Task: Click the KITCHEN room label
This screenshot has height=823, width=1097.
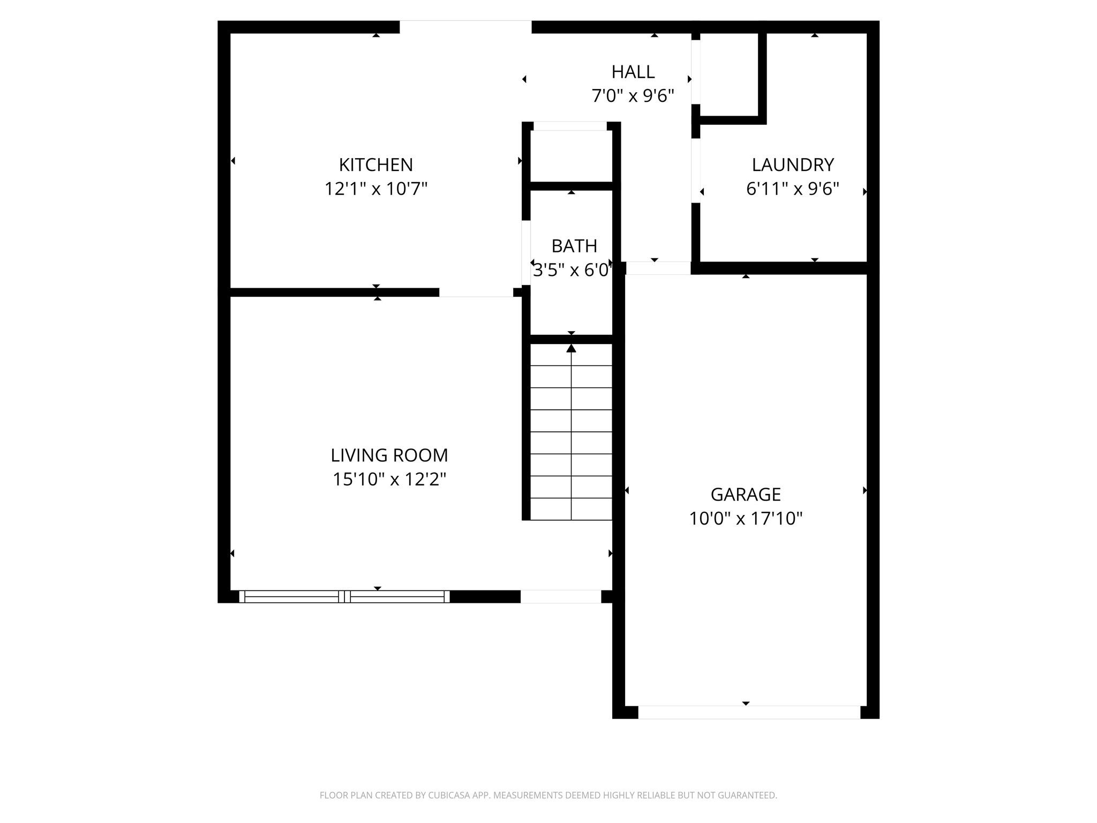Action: [x=376, y=164]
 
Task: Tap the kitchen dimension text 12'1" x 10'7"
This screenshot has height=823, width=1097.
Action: [x=376, y=189]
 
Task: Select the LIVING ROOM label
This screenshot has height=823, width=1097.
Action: [x=389, y=455]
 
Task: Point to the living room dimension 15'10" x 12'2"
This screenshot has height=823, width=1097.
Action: [x=389, y=479]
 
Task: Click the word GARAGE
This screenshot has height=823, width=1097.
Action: [x=746, y=494]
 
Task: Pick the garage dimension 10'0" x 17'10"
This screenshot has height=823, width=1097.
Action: [x=746, y=518]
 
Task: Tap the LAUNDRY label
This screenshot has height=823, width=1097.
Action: [x=793, y=164]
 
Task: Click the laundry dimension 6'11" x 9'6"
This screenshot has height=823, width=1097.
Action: [x=793, y=189]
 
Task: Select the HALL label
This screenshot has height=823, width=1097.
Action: [x=633, y=72]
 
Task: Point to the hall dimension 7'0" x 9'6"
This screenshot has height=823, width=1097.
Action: [x=633, y=96]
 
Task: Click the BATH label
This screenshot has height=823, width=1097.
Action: [x=574, y=246]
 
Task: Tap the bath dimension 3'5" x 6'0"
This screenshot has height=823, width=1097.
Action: [x=572, y=270]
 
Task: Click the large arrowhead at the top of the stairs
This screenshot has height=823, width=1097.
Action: [x=572, y=348]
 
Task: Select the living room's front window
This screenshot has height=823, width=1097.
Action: [x=344, y=596]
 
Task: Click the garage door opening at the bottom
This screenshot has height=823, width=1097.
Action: [x=749, y=712]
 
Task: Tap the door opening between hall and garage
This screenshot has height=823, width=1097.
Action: [x=658, y=268]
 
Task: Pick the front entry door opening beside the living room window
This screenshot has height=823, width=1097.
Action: [x=561, y=596]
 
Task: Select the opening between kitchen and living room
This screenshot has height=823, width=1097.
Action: [x=476, y=293]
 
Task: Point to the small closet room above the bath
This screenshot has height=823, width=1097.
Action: [x=572, y=156]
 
